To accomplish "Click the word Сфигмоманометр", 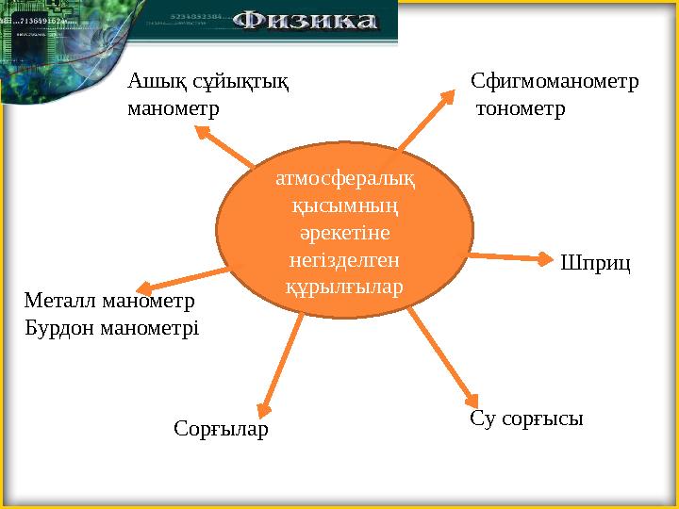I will tap(555, 81).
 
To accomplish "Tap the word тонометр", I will tap(522, 109).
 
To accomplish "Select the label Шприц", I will tap(594, 263).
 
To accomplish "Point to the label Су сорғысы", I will tap(526, 419).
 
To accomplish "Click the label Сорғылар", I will tap(222, 429).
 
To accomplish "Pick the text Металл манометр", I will tap(108, 302).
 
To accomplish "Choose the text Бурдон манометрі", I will tap(111, 329).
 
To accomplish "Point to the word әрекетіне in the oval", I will tap(344, 231).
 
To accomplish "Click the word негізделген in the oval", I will tap(344, 257).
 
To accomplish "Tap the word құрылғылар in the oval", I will tap(344, 284).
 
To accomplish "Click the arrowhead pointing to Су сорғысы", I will tap(473, 397).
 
